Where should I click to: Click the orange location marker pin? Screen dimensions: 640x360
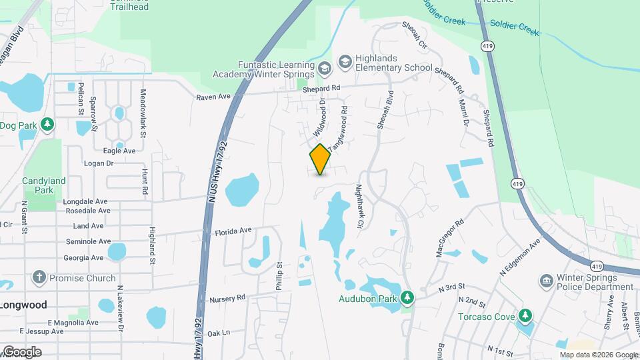point(320,159)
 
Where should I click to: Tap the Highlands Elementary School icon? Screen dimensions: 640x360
point(345,63)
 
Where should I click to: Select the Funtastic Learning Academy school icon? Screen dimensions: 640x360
point(324,68)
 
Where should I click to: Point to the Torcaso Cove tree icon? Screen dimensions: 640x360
point(525,314)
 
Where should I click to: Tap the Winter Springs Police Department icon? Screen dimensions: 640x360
point(547,279)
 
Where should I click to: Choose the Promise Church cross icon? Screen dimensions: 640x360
point(39,277)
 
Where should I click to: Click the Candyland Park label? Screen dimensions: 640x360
point(44,185)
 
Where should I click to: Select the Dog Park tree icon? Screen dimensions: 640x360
point(47,125)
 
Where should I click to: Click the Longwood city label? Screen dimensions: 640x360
point(23,305)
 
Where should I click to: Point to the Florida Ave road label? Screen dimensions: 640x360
point(233,231)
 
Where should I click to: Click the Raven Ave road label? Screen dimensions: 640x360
point(213,97)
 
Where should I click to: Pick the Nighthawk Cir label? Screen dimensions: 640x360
point(359,207)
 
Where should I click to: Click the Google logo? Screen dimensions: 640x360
point(22,351)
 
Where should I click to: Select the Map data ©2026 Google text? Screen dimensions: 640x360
point(589,355)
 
